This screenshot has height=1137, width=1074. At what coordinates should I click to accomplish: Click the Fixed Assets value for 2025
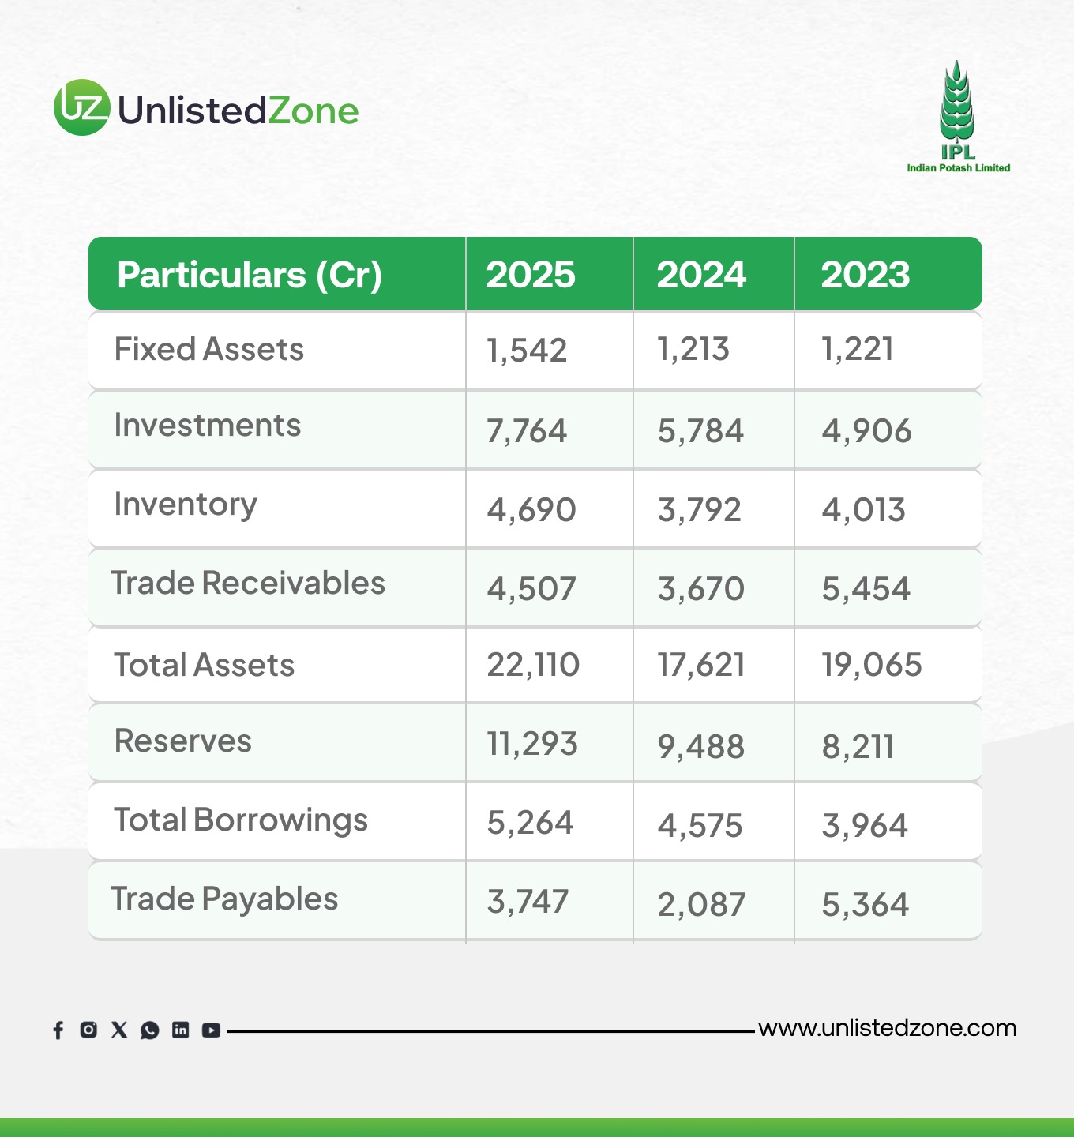pos(527,351)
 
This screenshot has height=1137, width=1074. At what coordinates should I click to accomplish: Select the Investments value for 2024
pos(700,430)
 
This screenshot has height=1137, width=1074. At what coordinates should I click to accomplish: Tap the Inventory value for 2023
pos(863,509)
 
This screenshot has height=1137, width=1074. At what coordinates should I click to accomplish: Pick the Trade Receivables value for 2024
pos(700,588)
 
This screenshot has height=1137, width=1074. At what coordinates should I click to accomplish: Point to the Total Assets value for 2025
pos(533,665)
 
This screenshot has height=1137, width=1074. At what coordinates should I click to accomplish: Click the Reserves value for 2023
pos(858,746)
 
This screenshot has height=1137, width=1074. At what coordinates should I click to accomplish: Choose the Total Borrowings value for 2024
pos(700,826)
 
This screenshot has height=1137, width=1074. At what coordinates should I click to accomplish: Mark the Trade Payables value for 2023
pos(865,905)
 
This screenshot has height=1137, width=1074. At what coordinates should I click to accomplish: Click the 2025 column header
pos(531,274)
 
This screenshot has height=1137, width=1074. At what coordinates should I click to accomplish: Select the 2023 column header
pos(865,274)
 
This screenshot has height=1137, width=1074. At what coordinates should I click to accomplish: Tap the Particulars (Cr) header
pos(250,275)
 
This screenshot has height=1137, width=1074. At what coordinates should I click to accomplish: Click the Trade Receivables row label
pos(248,583)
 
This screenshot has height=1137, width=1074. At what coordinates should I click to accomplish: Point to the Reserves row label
pos(182,741)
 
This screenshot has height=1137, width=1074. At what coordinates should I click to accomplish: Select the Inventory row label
pos(186,505)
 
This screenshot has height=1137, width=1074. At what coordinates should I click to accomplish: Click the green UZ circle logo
pos(82,107)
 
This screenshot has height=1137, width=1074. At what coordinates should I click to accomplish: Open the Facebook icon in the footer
pos(58,1030)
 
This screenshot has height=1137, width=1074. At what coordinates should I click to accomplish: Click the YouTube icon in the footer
pos(211,1030)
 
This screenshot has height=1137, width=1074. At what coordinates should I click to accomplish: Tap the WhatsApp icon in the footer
pos(149,1030)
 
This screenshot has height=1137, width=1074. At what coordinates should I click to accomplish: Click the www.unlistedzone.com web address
pos(888,1029)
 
